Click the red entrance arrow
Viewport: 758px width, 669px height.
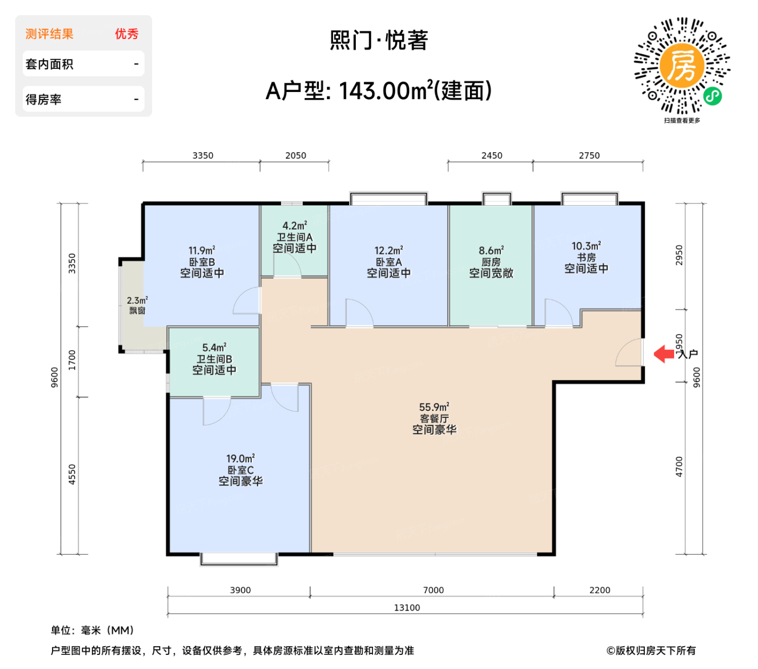(x=664, y=354)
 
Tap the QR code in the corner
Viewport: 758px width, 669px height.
(x=682, y=66)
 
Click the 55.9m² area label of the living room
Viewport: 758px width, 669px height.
(x=434, y=407)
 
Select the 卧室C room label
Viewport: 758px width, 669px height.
(x=240, y=470)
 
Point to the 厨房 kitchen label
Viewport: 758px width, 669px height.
(x=491, y=262)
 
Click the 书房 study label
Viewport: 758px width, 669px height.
(x=586, y=258)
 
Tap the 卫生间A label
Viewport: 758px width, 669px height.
(x=295, y=237)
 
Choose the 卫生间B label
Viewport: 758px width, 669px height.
(x=214, y=359)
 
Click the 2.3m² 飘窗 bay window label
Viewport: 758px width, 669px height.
(x=137, y=305)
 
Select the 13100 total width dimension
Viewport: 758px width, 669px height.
(x=407, y=607)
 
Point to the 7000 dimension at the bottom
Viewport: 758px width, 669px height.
(x=433, y=590)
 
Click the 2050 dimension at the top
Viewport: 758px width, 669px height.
(x=296, y=155)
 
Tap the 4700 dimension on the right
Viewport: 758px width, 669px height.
(x=679, y=467)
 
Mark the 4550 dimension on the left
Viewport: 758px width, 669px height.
(x=72, y=474)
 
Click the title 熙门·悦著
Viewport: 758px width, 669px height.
(x=379, y=41)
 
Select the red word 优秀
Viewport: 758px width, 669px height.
(x=127, y=34)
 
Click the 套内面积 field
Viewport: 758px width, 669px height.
(x=83, y=64)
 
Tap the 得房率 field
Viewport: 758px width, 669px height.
(x=83, y=99)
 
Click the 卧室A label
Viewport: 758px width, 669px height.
(x=389, y=262)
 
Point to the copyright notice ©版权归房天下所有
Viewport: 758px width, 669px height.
(x=651, y=651)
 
